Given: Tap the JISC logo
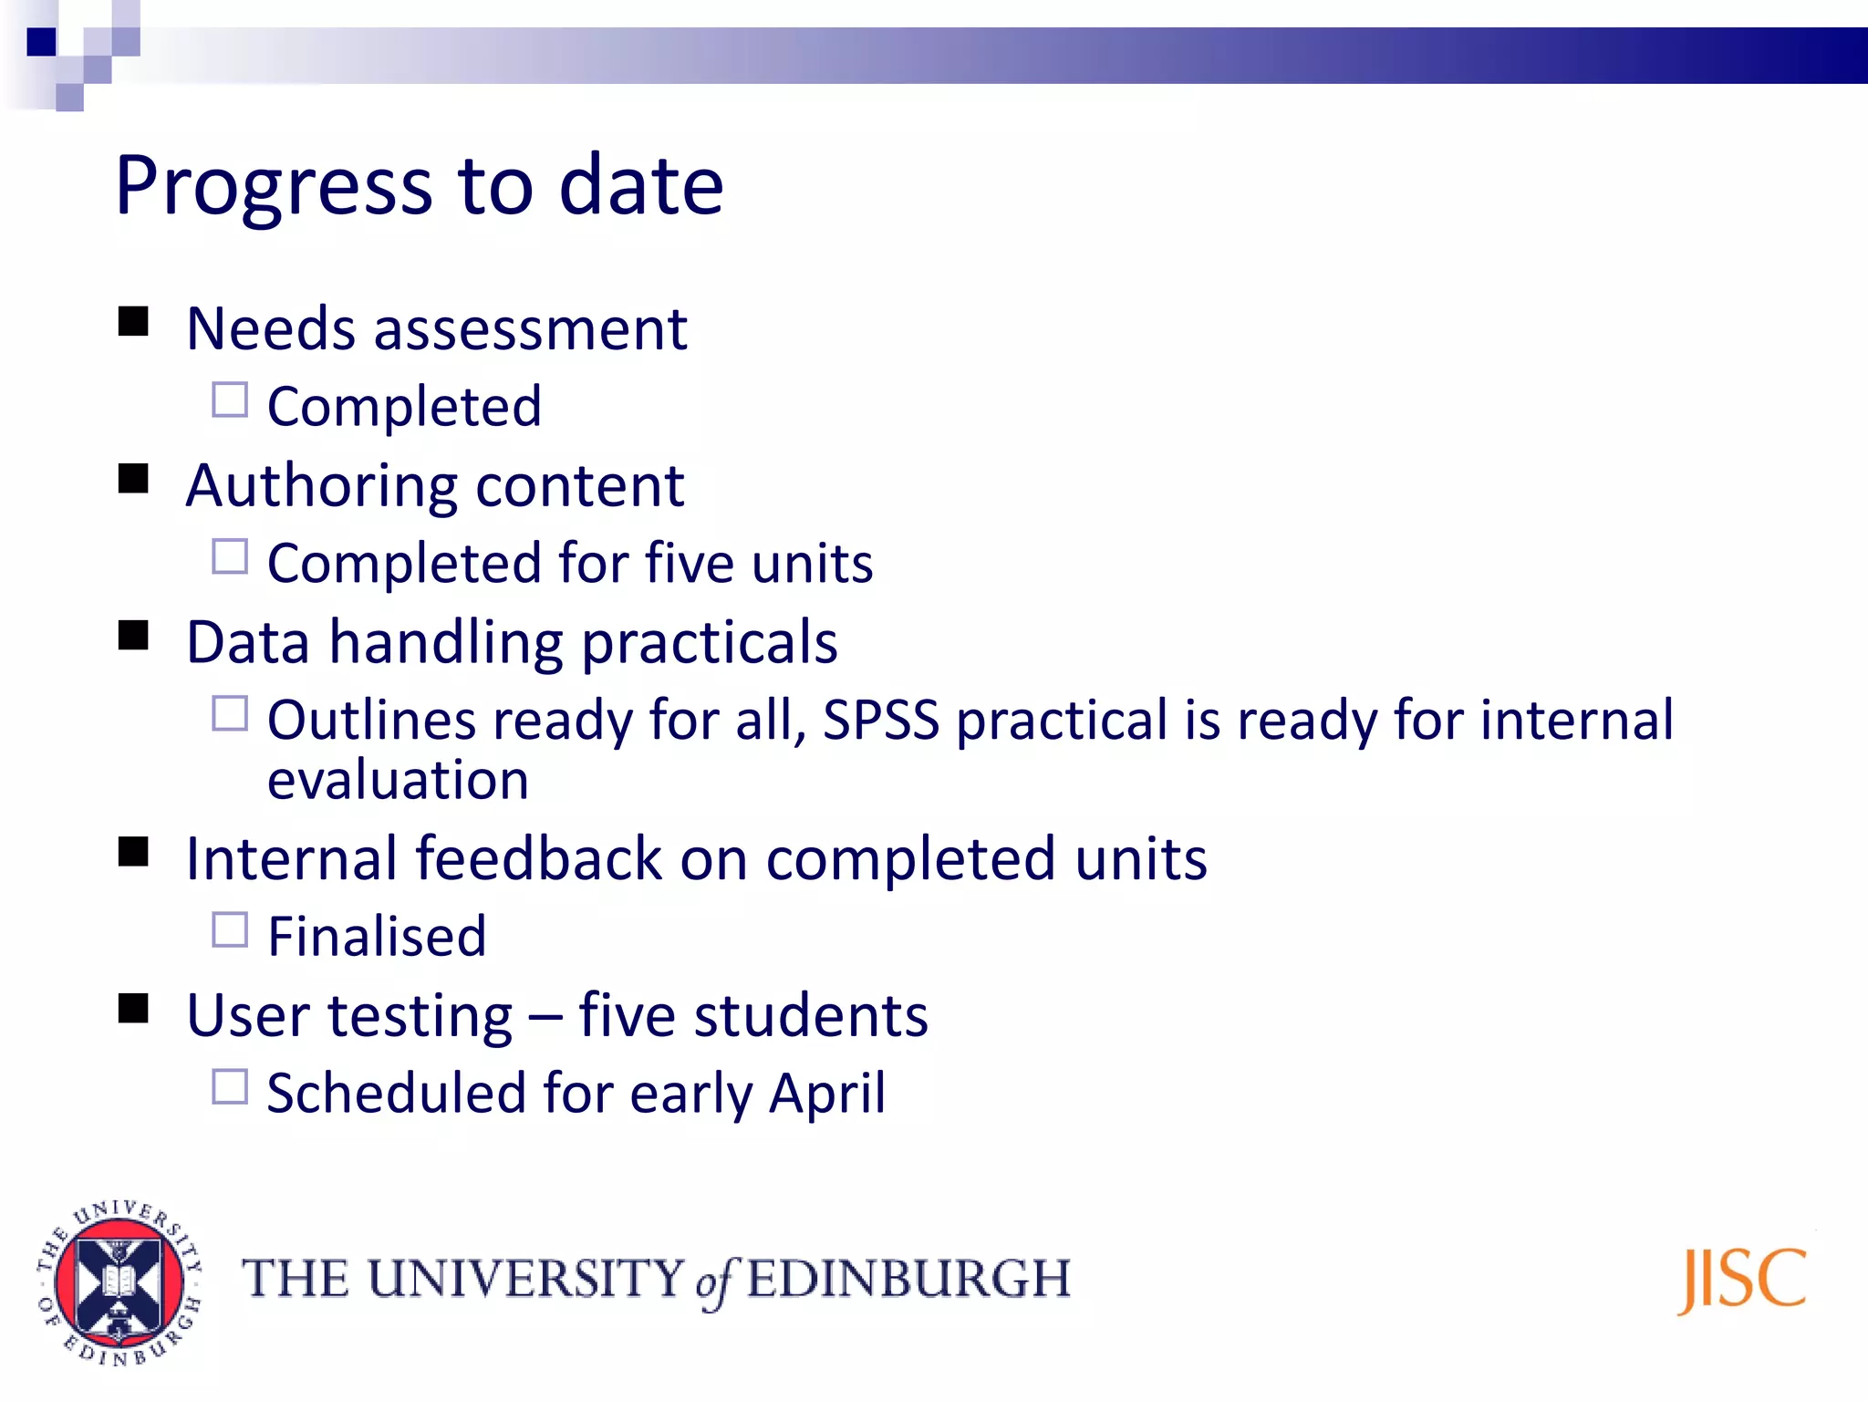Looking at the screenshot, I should point(1742,1280).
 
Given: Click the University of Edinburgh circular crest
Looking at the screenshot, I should point(119,1282).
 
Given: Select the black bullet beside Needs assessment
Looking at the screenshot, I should point(133,322).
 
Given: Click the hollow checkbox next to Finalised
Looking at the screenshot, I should point(230,930).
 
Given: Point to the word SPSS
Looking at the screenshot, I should point(881,721).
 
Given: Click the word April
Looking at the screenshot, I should point(826,1093).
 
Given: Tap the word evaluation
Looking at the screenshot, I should point(398,781).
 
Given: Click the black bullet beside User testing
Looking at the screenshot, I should point(133,1009).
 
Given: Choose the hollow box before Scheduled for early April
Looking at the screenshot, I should point(230,1087).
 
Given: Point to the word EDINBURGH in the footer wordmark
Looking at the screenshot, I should point(908,1279).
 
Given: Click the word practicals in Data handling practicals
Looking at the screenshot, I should point(710,643).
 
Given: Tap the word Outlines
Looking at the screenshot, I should point(372,721).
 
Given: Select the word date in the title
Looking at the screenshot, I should point(641,185).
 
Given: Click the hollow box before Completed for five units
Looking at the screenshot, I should point(230,556).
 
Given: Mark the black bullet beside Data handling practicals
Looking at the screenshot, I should point(133,636).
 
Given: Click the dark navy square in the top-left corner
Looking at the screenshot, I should point(42,42).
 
